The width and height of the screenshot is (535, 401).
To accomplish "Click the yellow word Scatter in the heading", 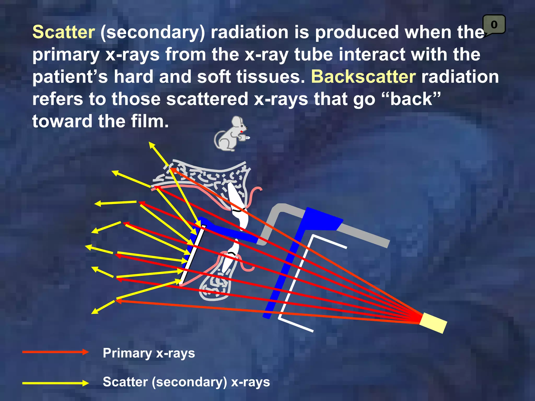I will tap(63, 32).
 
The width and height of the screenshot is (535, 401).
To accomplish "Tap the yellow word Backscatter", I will tap(363, 77).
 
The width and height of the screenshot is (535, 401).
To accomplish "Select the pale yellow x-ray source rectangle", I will tap(433, 323).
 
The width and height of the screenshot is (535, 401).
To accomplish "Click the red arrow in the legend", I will tap(55, 352).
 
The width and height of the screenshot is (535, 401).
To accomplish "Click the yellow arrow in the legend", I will tap(55, 383).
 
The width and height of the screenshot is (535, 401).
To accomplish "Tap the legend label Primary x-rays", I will tap(149, 353).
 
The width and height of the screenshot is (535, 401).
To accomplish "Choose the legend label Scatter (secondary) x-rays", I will tap(186, 382).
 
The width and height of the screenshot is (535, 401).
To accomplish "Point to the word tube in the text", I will tap(314, 55).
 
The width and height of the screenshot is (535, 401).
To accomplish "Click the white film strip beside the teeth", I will tap(193, 256).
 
